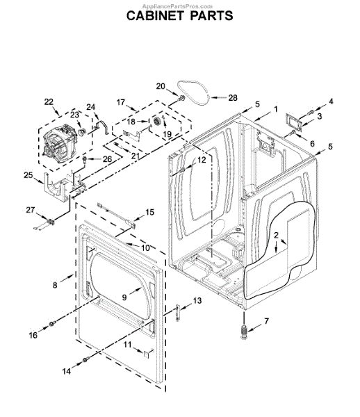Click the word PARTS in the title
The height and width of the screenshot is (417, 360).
click(212, 16)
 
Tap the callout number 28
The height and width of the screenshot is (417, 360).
click(233, 98)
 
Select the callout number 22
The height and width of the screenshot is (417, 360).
click(49, 102)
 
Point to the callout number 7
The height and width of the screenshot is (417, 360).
click(266, 321)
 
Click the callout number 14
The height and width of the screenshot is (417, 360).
click(67, 371)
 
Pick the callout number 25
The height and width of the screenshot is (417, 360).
click(28, 175)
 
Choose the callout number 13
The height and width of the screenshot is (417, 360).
click(197, 301)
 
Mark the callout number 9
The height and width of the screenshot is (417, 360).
click(124, 297)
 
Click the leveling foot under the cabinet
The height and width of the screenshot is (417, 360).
click(243, 332)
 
